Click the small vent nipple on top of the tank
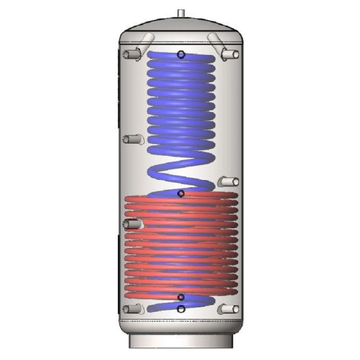[x=181, y=12]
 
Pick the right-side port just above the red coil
[x=228, y=182]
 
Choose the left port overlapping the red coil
[x=133, y=224]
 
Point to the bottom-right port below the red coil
[x=228, y=309]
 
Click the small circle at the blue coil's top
[x=181, y=54]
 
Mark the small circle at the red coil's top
[x=181, y=193]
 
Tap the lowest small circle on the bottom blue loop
[x=181, y=308]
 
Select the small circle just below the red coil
[x=181, y=297]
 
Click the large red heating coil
[x=181, y=244]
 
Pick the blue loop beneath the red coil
[x=181, y=304]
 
